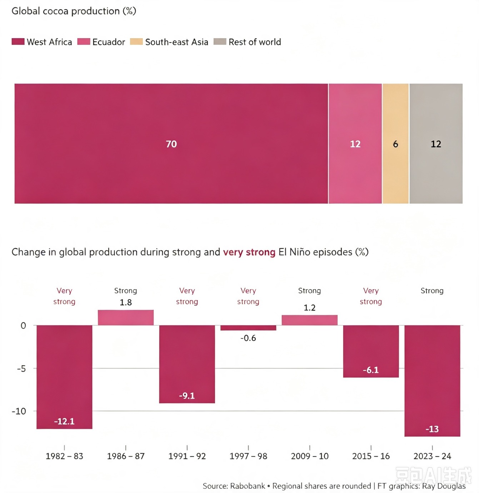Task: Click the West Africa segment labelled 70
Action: (171, 144)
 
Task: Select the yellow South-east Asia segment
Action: (395, 144)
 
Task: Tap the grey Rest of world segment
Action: (436, 144)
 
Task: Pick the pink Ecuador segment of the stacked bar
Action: (355, 144)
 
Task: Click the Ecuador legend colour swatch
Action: (84, 41)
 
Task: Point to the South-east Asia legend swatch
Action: (136, 41)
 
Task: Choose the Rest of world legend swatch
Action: (220, 41)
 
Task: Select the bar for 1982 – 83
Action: (64, 377)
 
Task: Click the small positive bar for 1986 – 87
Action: (126, 317)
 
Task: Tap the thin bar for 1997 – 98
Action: (248, 328)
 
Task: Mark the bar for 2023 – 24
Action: (432, 381)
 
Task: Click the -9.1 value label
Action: (187, 396)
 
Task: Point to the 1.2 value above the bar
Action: (309, 308)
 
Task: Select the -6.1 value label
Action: (371, 370)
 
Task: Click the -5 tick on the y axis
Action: (21, 368)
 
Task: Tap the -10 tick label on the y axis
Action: (19, 411)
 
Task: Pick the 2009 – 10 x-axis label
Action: (310, 456)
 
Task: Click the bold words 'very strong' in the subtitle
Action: (249, 252)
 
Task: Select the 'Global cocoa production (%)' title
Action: (74, 11)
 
